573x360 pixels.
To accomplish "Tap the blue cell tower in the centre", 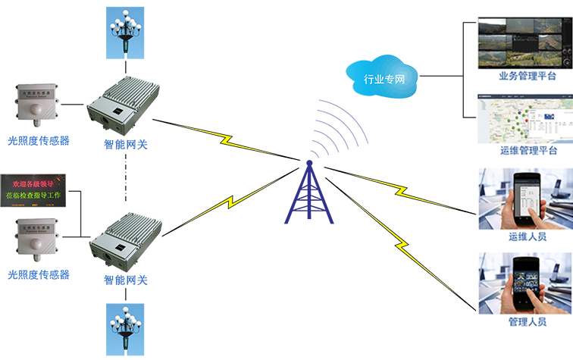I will [308, 193].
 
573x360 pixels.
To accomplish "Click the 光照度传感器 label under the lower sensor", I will [39, 274].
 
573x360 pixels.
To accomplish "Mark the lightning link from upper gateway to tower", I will [227, 138].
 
